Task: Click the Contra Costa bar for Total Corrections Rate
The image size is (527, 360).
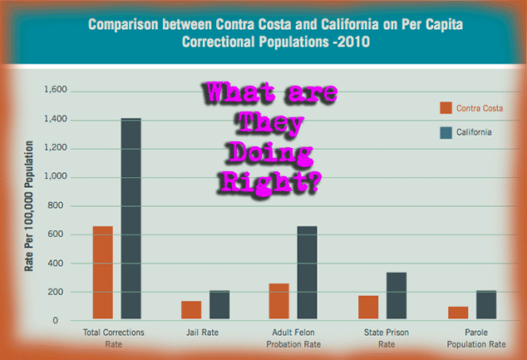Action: pyautogui.click(x=103, y=272)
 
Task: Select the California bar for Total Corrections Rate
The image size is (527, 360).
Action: pyautogui.click(x=131, y=219)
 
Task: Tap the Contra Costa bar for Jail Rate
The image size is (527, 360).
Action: pyautogui.click(x=191, y=310)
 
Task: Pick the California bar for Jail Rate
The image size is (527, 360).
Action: pyautogui.click(x=219, y=304)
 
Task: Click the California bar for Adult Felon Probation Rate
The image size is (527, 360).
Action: pyautogui.click(x=308, y=272)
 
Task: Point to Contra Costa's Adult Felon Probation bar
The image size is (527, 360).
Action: pyautogui.click(x=279, y=301)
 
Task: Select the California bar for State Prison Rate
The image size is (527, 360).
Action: pyautogui.click(x=396, y=295)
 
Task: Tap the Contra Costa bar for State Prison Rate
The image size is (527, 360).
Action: pyautogui.click(x=368, y=308)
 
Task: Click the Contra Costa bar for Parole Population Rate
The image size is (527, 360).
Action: pyautogui.click(x=458, y=313)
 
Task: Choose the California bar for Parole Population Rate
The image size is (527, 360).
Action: pyautogui.click(x=486, y=304)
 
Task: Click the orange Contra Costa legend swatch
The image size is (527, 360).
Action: pyautogui.click(x=446, y=108)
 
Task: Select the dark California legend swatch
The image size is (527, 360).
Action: pyautogui.click(x=446, y=133)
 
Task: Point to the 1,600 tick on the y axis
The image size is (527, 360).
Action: pyautogui.click(x=56, y=90)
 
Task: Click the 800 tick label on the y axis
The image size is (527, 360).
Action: pyautogui.click(x=56, y=205)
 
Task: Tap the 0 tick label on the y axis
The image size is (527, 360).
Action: pyautogui.click(x=56, y=321)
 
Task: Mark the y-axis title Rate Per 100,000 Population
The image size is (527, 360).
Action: pyautogui.click(x=29, y=206)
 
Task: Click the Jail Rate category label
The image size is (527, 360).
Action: pyautogui.click(x=202, y=333)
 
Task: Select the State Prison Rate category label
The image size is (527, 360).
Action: pyautogui.click(x=387, y=338)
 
